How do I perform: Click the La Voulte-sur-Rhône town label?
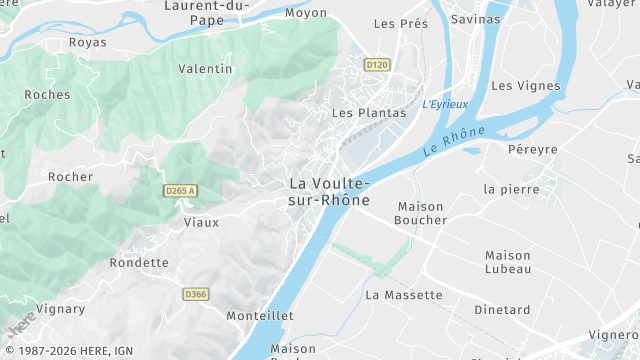(x=329, y=191)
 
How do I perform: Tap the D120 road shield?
(x=376, y=65)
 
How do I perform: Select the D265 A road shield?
(x=180, y=191)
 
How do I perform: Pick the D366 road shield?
(x=195, y=294)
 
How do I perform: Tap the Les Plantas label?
(x=369, y=113)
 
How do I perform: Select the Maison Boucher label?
(x=419, y=213)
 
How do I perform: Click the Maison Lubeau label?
(x=508, y=262)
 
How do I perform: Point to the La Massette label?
(x=403, y=295)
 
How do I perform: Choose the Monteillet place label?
(x=259, y=315)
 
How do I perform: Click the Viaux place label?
(x=201, y=222)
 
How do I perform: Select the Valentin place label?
(x=205, y=69)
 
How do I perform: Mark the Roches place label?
(x=47, y=94)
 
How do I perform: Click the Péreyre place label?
(x=532, y=149)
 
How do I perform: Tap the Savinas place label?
(x=475, y=19)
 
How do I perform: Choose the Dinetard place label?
(x=502, y=310)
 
